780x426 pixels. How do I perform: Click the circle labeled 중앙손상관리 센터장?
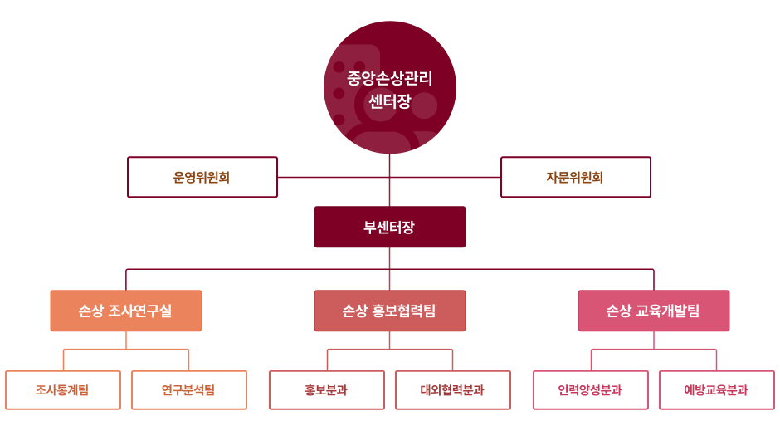pos(389,87)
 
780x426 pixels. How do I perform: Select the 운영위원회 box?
pos(202,177)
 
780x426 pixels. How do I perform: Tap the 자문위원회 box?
pos(576,177)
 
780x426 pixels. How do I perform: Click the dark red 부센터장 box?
pos(389,227)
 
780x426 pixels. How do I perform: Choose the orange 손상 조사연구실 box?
pos(126,311)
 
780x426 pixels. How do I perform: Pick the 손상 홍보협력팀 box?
pos(389,311)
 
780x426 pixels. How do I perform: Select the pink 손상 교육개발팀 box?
pos(654,311)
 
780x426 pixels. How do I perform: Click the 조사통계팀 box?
pos(63,390)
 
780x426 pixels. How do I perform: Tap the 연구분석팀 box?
pos(189,390)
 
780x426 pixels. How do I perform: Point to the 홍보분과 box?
pos(327,390)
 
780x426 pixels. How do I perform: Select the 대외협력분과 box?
pos(453,390)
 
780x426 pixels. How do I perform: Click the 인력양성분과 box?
pos(591,390)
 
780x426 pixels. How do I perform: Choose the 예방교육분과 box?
pos(717,390)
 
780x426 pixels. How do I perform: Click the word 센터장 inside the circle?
pos(389,101)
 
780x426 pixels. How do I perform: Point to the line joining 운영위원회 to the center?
pos(334,177)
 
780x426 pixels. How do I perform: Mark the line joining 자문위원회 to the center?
pos(446,177)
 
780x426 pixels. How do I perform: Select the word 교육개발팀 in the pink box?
pos(668,311)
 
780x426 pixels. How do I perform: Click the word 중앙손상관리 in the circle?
pos(389,78)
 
